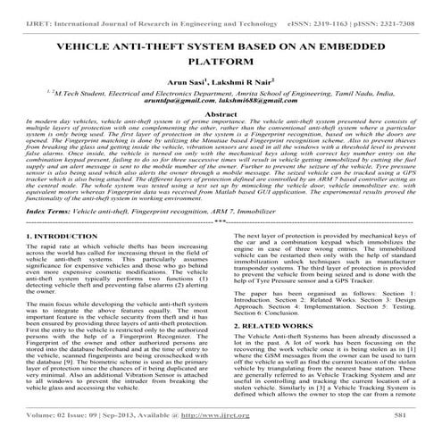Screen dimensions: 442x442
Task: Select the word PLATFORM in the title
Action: click(x=221, y=64)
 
